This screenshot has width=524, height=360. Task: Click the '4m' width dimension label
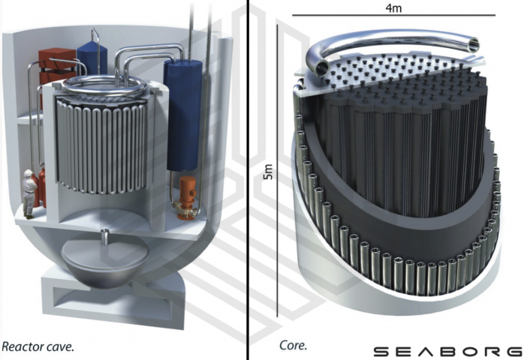click(x=393, y=7)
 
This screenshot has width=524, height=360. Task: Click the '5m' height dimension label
click(x=268, y=172)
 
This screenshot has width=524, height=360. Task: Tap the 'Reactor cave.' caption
click(x=38, y=347)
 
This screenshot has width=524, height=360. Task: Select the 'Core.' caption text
click(x=293, y=345)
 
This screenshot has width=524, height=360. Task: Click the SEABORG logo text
click(x=448, y=352)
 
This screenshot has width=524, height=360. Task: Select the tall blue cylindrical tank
click(x=182, y=115)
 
